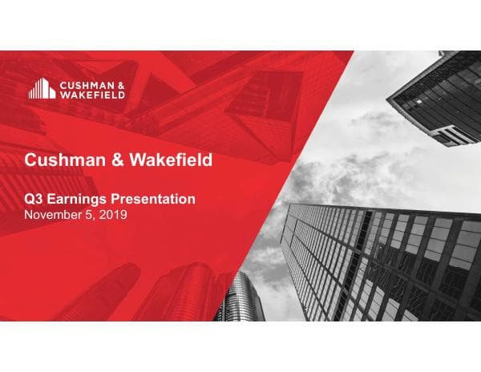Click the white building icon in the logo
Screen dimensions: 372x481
click(42, 88)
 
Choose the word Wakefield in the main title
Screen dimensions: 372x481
click(167, 160)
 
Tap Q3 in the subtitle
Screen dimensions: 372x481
click(33, 199)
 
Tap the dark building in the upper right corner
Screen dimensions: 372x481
click(437, 96)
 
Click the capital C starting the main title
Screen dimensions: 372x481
click(31, 160)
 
